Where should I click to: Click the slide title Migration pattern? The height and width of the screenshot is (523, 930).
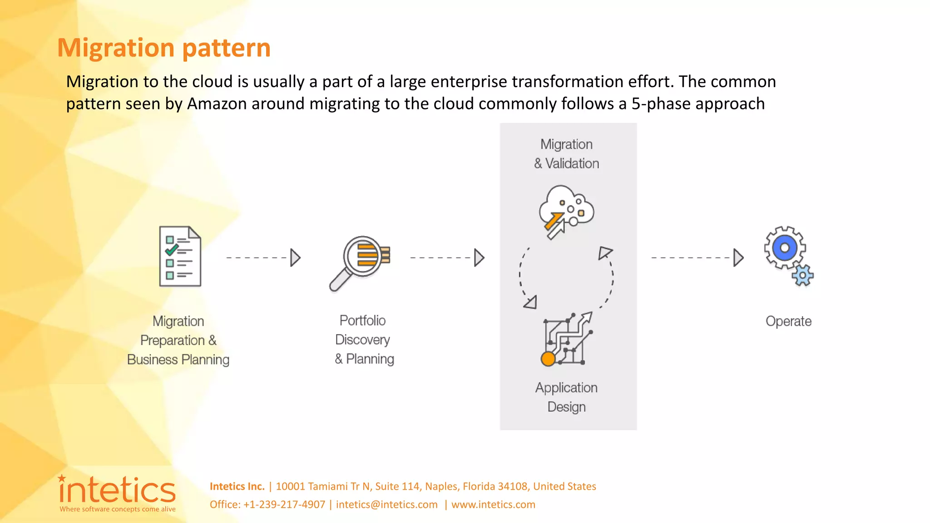(x=163, y=48)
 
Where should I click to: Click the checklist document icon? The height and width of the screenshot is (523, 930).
(x=180, y=257)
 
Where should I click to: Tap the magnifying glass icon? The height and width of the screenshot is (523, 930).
(x=360, y=262)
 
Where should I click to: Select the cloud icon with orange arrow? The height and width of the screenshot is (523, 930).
(x=566, y=211)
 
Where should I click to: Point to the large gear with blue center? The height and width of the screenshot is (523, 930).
(x=784, y=248)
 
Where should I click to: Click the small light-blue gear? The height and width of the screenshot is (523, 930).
(x=802, y=275)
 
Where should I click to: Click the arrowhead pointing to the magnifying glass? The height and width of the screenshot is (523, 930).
(x=295, y=257)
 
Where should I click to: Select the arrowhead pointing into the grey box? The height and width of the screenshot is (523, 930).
(x=479, y=257)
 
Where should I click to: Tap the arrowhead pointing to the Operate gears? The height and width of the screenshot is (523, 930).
(x=738, y=257)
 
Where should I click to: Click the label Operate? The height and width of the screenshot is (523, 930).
(x=788, y=321)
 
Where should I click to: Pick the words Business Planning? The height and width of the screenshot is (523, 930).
(x=178, y=360)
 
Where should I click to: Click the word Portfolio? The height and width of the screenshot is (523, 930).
(x=362, y=321)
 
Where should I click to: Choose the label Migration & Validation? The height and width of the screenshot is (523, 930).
(x=566, y=154)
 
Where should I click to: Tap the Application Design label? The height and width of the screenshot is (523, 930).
(x=566, y=397)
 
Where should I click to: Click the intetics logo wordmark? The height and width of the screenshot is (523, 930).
(x=117, y=490)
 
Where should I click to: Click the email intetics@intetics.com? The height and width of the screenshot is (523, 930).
(x=386, y=504)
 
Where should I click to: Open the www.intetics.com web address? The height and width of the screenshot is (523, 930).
(x=493, y=504)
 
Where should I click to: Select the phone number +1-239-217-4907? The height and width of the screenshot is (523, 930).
(x=284, y=504)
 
